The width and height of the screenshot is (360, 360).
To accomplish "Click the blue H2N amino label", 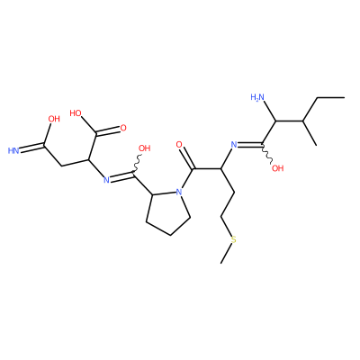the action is click(257, 97).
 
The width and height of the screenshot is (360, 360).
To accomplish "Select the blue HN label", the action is click(13, 150).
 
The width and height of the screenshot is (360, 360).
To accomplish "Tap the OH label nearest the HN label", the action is click(54, 119).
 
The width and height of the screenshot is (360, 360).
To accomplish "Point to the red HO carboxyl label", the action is click(76, 113).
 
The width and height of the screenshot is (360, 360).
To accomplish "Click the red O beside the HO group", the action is click(123, 129).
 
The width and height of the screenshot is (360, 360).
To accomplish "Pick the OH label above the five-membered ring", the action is click(144, 148).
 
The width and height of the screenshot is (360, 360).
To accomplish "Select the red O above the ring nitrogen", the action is click(179, 145).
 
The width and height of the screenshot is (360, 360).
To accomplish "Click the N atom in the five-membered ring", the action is click(179, 192).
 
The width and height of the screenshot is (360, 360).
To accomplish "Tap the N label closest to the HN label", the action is click(106, 180).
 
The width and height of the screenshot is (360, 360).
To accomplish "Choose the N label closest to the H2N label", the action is click(234, 145).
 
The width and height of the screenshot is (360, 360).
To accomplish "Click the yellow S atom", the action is click(234, 239).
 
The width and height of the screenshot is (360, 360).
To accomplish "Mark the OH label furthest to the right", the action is click(277, 168).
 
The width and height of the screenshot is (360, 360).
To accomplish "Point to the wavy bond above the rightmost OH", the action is click(266, 153).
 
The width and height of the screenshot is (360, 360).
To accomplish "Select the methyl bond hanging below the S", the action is click(226, 254).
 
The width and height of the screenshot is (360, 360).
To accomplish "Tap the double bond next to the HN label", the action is click(32, 148).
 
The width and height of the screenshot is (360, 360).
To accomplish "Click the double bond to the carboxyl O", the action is click(107, 131).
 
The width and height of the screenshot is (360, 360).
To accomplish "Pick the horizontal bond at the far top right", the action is click(330, 97).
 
